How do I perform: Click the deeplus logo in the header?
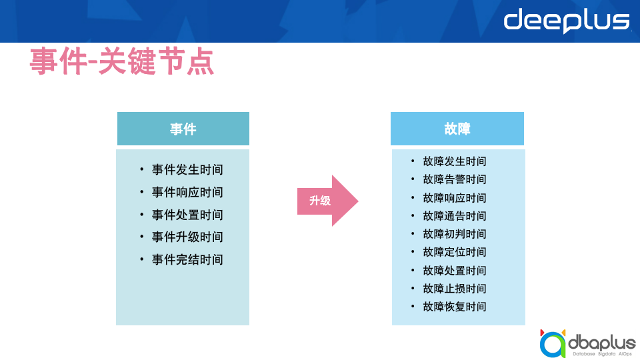567,21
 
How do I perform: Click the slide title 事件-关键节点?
122,62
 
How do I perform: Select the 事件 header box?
183,129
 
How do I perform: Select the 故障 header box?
457,129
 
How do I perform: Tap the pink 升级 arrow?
326,201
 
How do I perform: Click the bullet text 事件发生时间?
187,170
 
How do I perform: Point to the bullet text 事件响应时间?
187,193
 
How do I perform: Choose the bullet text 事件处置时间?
187,215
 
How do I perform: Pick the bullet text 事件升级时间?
187,237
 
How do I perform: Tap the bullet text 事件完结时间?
187,259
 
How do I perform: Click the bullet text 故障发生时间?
455,161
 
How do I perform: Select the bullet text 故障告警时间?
455,179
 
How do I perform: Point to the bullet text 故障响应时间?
455,198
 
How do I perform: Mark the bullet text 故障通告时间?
455,216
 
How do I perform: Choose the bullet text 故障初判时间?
455,234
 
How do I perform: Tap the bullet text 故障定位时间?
455,252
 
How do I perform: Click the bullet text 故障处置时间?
455,271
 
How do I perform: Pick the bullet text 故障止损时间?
455,289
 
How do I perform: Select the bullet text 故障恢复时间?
455,307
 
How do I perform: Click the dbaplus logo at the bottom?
587,343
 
